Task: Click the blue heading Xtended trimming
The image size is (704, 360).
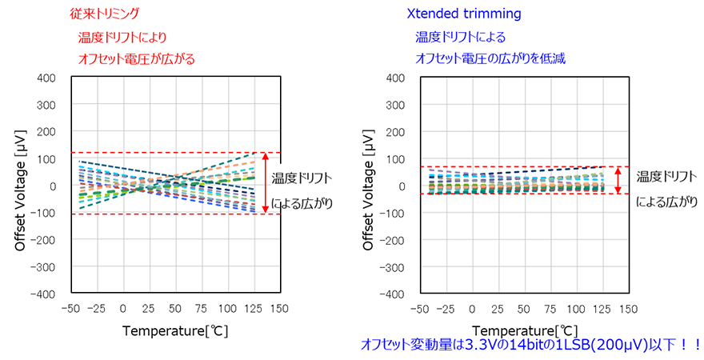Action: point(453,14)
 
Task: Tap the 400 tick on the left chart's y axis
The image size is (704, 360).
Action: point(46,78)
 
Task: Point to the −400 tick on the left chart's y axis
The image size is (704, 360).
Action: point(42,294)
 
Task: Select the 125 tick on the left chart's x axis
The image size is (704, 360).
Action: point(254,309)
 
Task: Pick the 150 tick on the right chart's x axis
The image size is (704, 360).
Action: point(628,309)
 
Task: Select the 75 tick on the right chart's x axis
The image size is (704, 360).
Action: point(525,309)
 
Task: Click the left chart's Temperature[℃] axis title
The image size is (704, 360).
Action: point(176,330)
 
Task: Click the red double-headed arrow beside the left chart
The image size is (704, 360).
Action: point(266,183)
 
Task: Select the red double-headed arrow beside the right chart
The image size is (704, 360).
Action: point(617,180)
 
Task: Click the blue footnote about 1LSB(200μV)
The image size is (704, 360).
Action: point(530,345)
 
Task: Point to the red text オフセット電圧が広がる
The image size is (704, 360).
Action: point(136,58)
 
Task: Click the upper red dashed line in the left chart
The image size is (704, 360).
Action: point(176,153)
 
